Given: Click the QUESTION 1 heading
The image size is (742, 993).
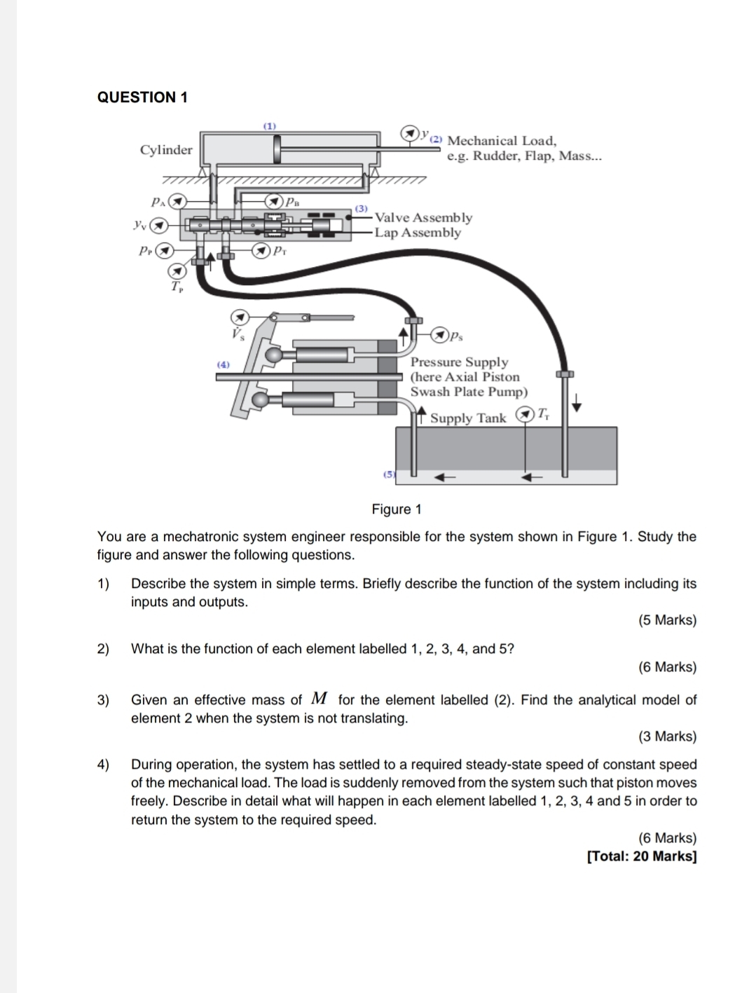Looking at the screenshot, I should pyautogui.click(x=142, y=97).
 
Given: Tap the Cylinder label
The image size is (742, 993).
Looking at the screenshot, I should pyautogui.click(x=166, y=150).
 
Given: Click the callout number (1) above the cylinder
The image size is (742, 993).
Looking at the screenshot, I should pyautogui.click(x=270, y=125).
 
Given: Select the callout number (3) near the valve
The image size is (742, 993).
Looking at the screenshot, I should pyautogui.click(x=361, y=208).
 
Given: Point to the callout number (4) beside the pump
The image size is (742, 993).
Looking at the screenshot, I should pyautogui.click(x=223, y=364).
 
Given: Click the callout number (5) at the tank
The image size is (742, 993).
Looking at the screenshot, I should pyautogui.click(x=387, y=474).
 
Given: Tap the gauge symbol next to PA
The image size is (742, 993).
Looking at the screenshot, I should pyautogui.click(x=179, y=201).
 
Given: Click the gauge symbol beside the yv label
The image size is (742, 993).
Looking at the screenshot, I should pyautogui.click(x=161, y=226).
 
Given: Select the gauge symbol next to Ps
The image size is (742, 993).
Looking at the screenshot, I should pyautogui.click(x=440, y=335).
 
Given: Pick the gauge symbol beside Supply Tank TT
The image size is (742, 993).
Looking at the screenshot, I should pyautogui.click(x=523, y=414).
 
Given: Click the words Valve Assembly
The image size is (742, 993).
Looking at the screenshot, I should pyautogui.click(x=423, y=218).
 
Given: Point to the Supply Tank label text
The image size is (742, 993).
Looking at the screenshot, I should pyautogui.click(x=467, y=418).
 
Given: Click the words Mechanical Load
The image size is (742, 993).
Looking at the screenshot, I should pyautogui.click(x=502, y=141).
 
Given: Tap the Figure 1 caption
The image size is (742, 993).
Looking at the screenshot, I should pyautogui.click(x=397, y=509).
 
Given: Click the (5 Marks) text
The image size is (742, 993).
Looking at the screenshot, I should pyautogui.click(x=667, y=620).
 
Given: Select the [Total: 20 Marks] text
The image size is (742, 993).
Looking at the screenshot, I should pyautogui.click(x=642, y=856).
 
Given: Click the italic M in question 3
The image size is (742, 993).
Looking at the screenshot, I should pyautogui.click(x=320, y=699).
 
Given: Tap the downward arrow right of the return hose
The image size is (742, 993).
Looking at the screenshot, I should pyautogui.click(x=577, y=403).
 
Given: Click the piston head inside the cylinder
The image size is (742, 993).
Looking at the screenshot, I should pyautogui.click(x=278, y=149).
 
